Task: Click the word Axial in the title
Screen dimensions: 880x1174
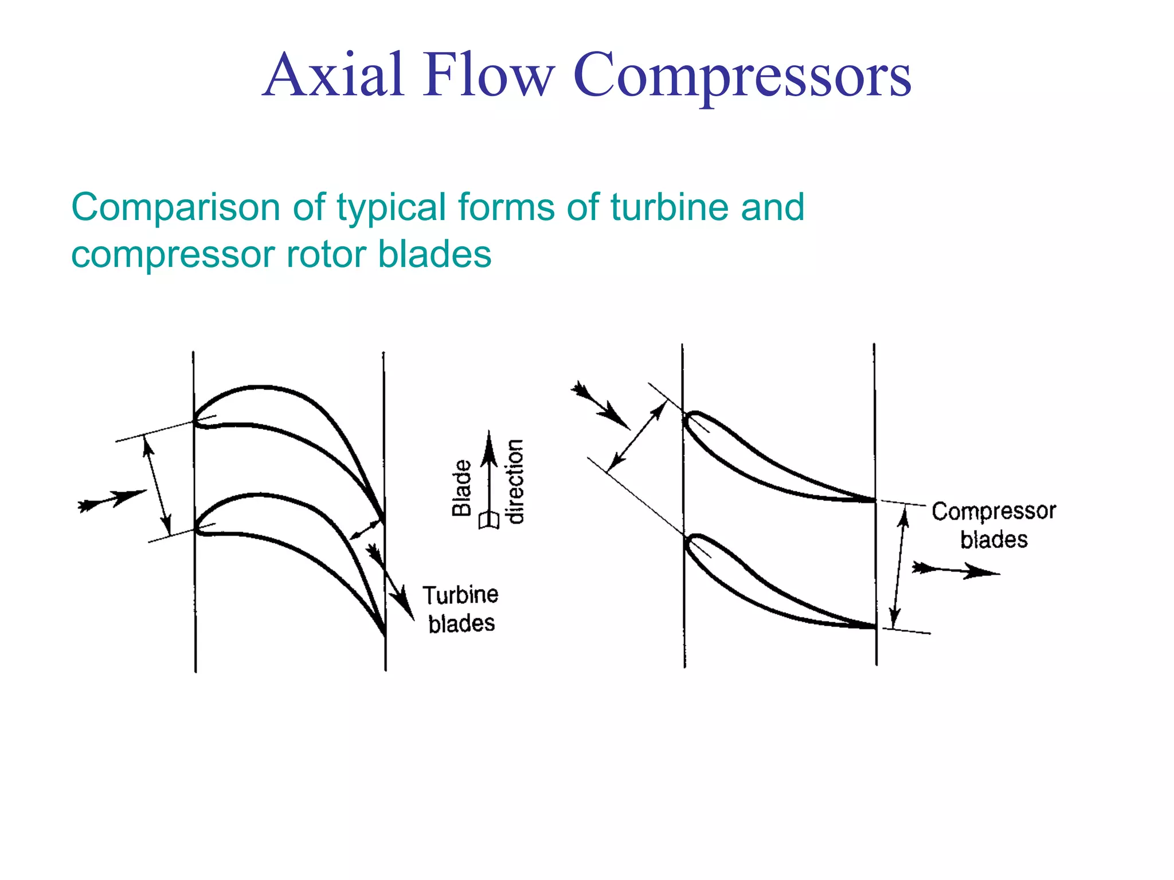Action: tap(334, 74)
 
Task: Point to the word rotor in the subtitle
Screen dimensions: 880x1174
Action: tap(325, 254)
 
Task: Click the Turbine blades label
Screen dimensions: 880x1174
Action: tap(461, 609)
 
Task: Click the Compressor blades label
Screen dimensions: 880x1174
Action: tap(993, 525)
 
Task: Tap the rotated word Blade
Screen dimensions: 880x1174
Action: tap(461, 488)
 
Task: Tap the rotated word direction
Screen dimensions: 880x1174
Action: tap(515, 481)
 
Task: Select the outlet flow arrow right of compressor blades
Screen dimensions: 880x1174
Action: tap(954, 570)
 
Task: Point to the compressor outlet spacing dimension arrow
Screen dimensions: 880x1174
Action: tap(899, 567)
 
